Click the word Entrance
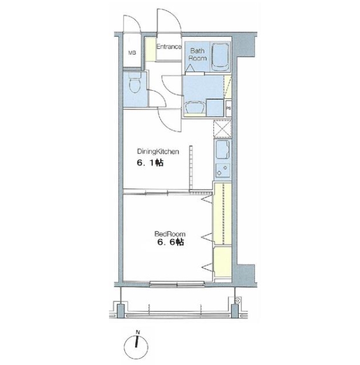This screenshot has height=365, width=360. (x=168, y=47)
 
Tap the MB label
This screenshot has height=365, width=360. (x=131, y=52)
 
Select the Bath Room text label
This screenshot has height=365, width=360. (x=198, y=54)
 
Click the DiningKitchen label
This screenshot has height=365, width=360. (x=159, y=151)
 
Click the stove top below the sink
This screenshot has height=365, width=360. (x=221, y=170)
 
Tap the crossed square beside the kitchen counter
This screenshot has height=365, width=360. (x=221, y=129)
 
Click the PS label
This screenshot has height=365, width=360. (x=229, y=109)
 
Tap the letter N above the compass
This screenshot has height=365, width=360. (x=138, y=331)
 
